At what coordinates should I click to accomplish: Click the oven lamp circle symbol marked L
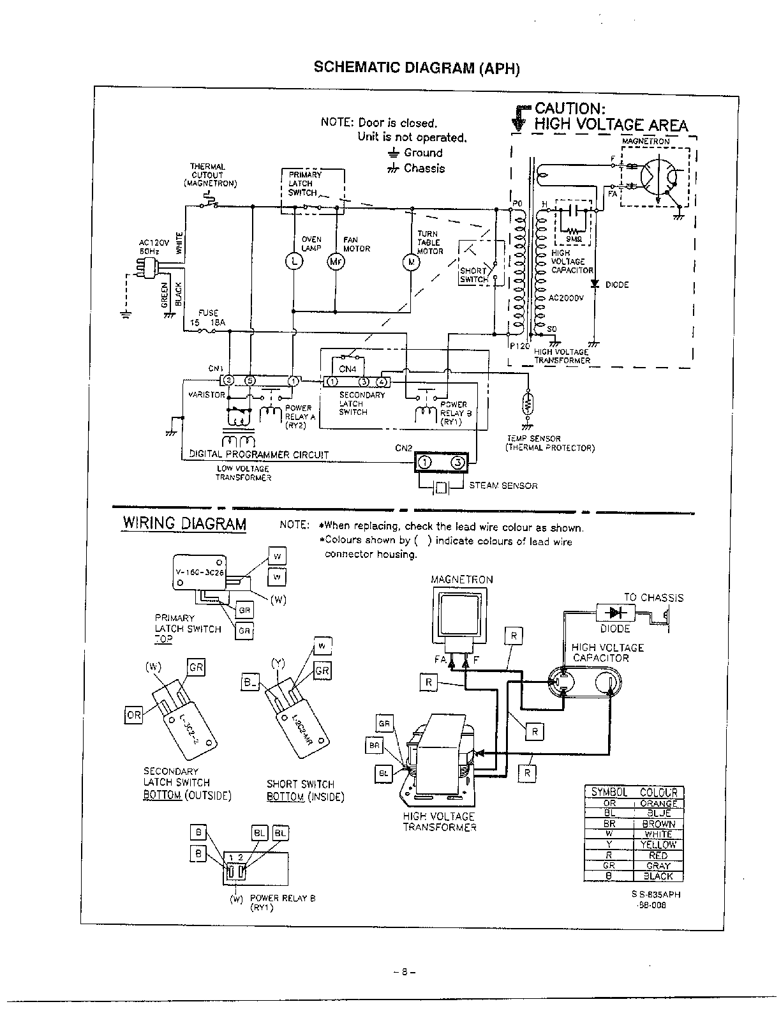[x=293, y=261]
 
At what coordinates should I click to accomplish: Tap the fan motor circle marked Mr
[x=335, y=261]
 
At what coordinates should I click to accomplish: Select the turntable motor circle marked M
[x=412, y=261]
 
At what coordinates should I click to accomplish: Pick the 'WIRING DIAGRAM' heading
[x=184, y=524]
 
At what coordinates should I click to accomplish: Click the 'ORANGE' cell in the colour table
[x=658, y=804]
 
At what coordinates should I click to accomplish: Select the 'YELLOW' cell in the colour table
[x=658, y=844]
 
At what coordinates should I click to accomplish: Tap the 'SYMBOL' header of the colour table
[x=609, y=793]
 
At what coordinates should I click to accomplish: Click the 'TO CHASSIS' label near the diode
[x=653, y=598]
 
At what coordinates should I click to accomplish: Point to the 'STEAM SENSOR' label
[x=503, y=486]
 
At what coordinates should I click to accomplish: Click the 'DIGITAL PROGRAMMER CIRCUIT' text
[x=259, y=454]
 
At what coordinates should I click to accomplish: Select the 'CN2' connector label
[x=403, y=448]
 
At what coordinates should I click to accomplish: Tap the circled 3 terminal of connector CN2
[x=457, y=463]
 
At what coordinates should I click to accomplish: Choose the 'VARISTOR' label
[x=207, y=394]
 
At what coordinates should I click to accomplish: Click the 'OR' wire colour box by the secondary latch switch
[x=133, y=715]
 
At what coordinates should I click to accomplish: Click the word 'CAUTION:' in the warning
[x=570, y=108]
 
